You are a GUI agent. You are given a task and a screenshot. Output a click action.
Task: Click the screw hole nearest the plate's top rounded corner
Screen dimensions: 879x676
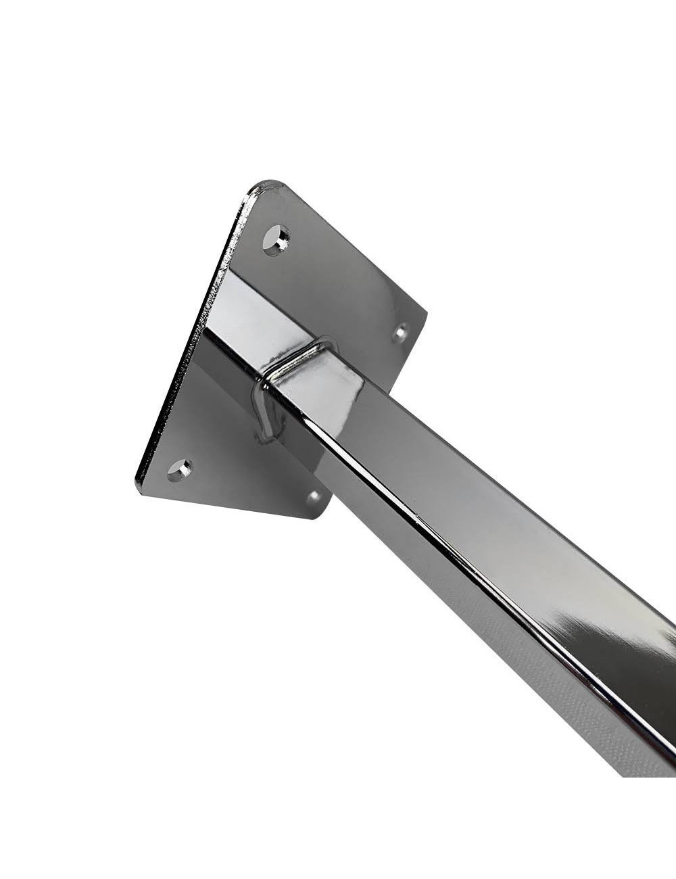[276, 239]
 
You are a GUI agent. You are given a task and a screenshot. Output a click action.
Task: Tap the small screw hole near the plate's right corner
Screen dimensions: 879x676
[401, 332]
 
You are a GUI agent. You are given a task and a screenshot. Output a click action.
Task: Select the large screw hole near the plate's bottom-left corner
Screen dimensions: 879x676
[179, 469]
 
